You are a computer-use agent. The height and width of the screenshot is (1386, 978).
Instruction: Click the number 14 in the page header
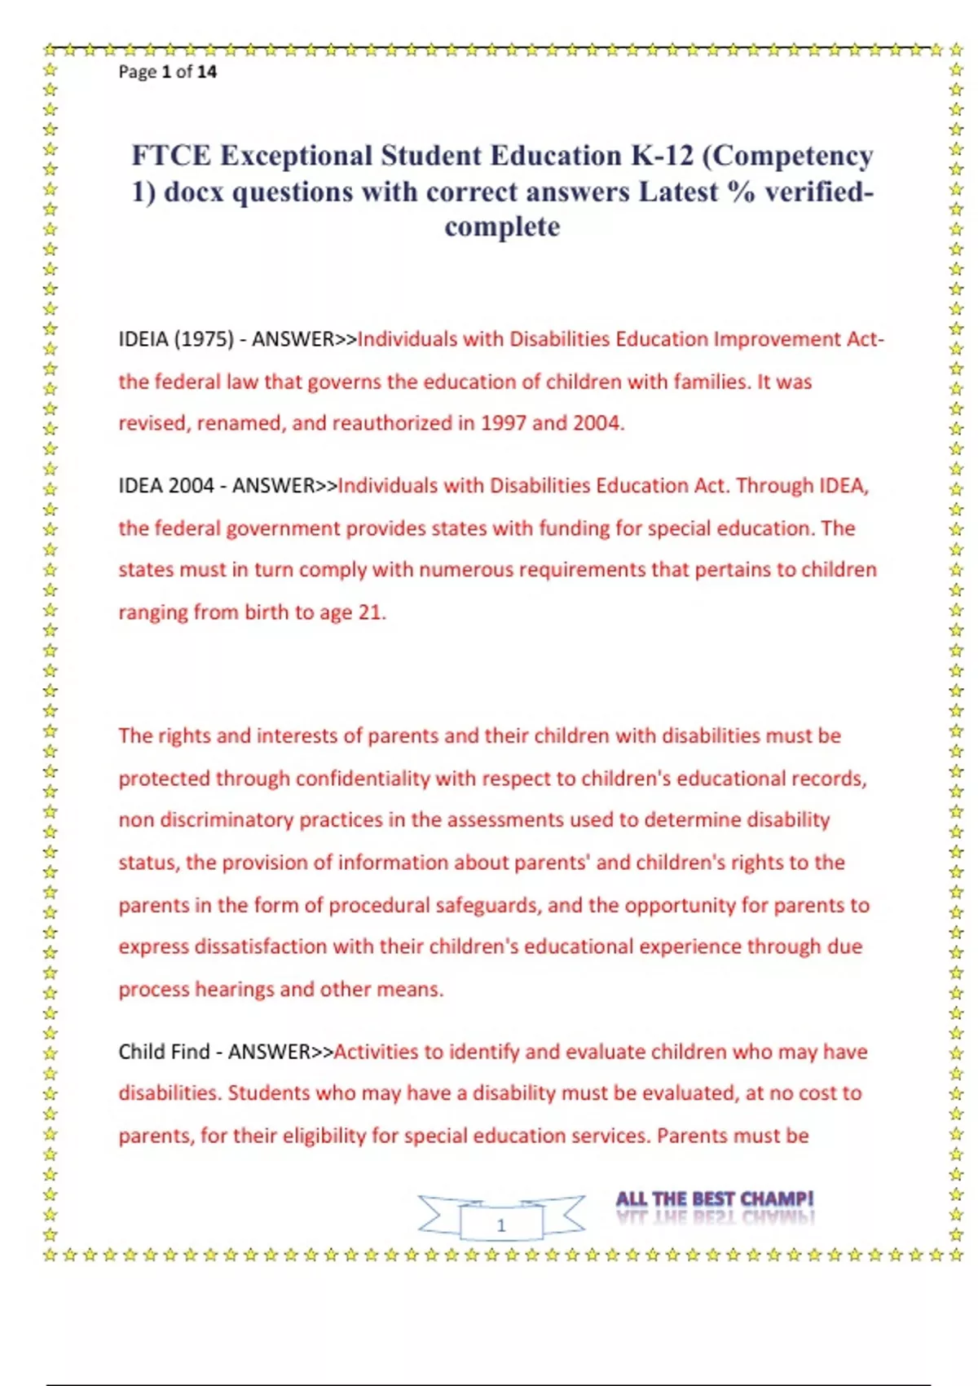(207, 72)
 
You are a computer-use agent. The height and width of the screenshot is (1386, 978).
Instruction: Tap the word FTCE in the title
(171, 156)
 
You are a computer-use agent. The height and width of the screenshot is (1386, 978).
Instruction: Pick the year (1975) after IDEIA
(204, 339)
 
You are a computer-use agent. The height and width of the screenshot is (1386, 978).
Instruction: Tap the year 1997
(503, 423)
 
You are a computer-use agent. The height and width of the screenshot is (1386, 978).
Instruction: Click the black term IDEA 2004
(166, 486)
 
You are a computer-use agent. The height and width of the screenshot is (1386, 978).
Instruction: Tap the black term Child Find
(164, 1052)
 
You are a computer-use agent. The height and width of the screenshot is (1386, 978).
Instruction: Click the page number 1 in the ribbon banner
(501, 1225)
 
